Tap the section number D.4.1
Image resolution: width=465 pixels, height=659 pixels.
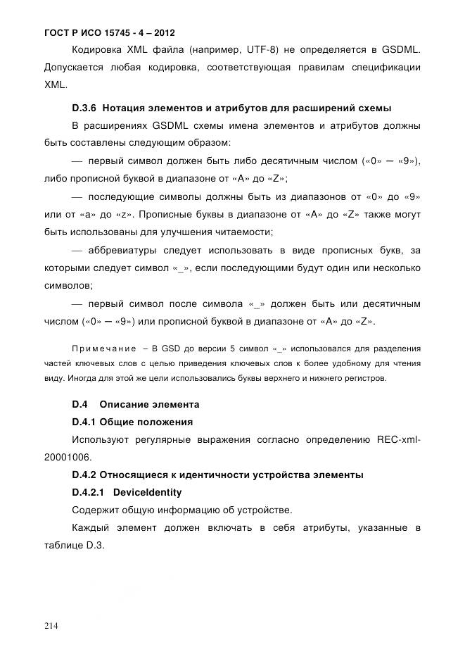click(x=84, y=422)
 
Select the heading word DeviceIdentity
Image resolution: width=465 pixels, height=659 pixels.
click(x=147, y=492)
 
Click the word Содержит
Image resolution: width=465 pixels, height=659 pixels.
click(x=96, y=510)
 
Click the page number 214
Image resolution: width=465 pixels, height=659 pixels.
click(x=52, y=626)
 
